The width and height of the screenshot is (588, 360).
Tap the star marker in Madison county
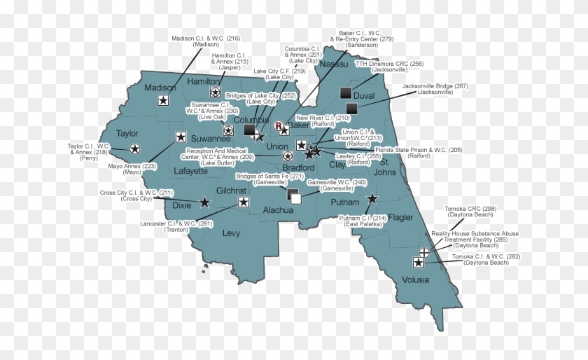(162, 101)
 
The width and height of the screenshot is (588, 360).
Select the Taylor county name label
(127, 133)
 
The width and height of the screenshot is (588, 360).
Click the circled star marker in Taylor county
(134, 148)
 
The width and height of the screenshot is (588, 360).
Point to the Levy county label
(231, 233)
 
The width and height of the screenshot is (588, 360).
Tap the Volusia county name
(416, 281)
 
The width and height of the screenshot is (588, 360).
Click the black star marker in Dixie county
(204, 202)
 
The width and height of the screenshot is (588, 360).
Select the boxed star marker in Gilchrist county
(243, 202)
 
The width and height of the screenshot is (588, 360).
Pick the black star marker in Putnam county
(372, 200)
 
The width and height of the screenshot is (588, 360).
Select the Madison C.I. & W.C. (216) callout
(206, 41)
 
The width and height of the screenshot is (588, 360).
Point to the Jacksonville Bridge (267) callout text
(435, 89)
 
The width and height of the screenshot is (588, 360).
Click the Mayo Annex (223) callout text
(132, 169)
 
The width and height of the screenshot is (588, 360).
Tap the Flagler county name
(400, 217)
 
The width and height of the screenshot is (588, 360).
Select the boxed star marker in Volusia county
(419, 263)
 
